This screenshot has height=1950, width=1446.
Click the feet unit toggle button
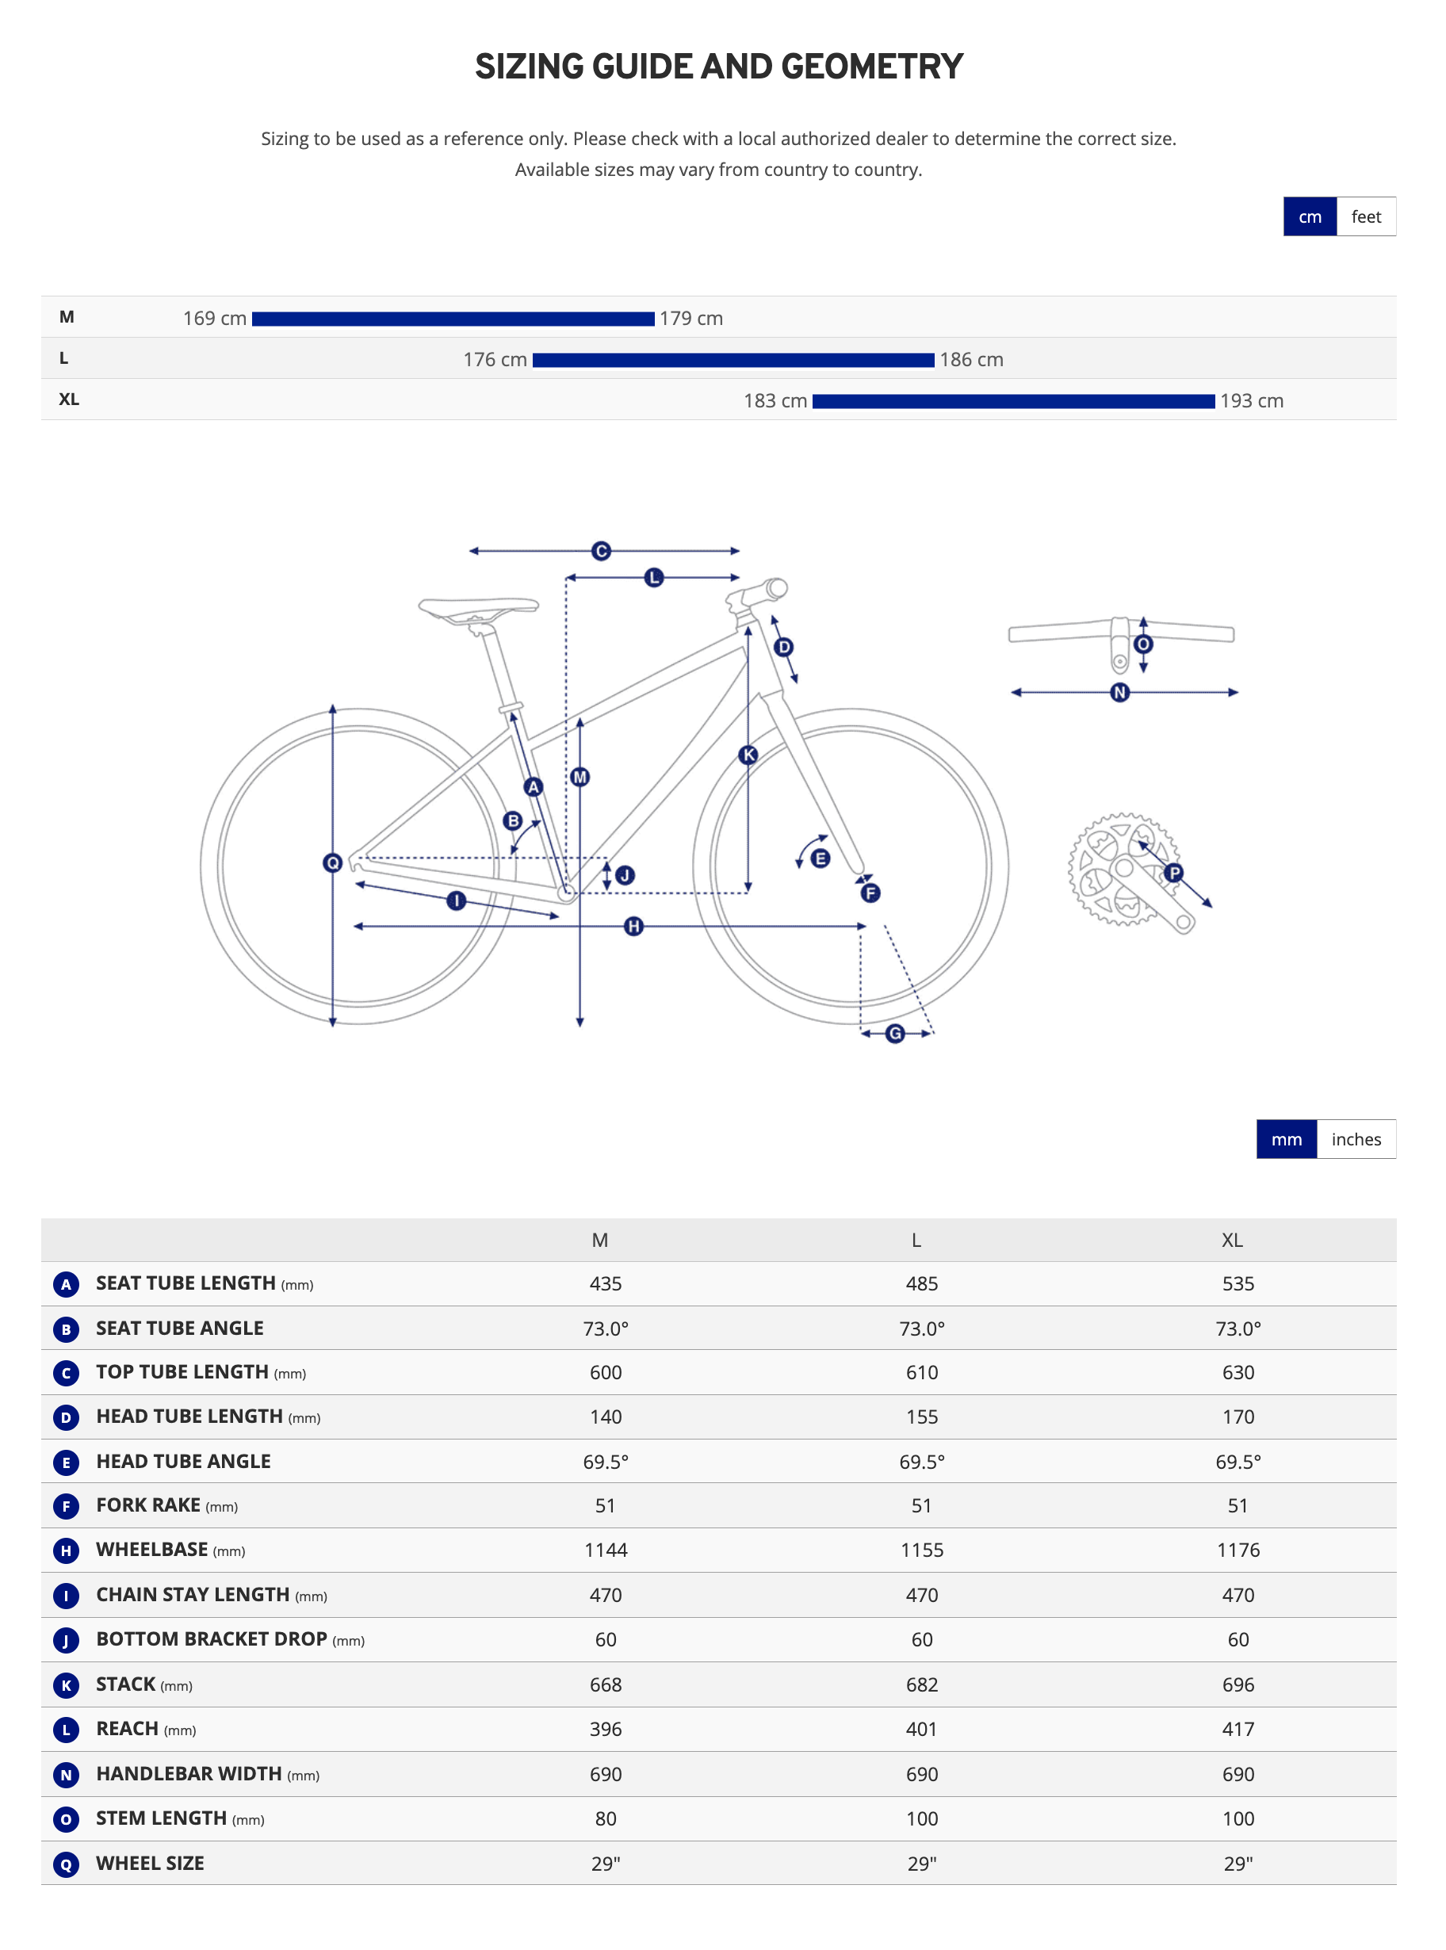pyautogui.click(x=1364, y=217)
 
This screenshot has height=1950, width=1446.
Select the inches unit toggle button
pyautogui.click(x=1355, y=1140)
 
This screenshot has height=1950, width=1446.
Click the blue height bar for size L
pyautogui.click(x=733, y=360)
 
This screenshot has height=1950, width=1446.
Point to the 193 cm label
pyautogui.click(x=1251, y=401)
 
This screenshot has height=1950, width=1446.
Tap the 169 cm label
pyautogui.click(x=215, y=319)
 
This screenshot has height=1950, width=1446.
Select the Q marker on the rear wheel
pyautogui.click(x=333, y=863)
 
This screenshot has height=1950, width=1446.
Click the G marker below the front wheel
pyautogui.click(x=894, y=1034)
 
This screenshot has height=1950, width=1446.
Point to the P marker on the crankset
pyautogui.click(x=1174, y=872)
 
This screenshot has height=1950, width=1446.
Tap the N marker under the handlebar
pyautogui.click(x=1119, y=692)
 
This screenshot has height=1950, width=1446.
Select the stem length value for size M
pyautogui.click(x=605, y=1818)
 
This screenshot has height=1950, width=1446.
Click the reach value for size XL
pyautogui.click(x=1238, y=1730)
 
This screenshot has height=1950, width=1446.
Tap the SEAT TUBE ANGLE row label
pyautogui.click(x=179, y=1328)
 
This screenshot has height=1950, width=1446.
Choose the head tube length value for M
pyautogui.click(x=605, y=1417)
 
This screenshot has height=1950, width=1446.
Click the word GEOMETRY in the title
pyautogui.click(x=872, y=67)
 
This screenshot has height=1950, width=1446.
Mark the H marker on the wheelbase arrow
pyautogui.click(x=633, y=926)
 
